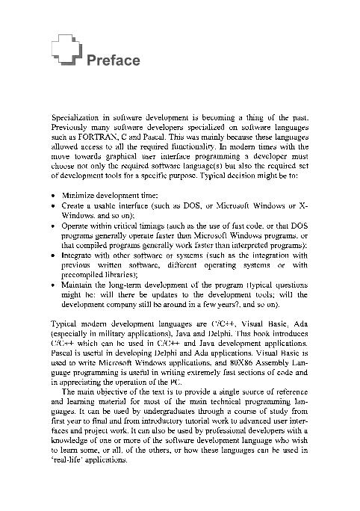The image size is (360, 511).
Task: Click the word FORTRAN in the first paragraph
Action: click(x=91, y=138)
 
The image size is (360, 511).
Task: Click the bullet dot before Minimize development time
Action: click(x=53, y=195)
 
